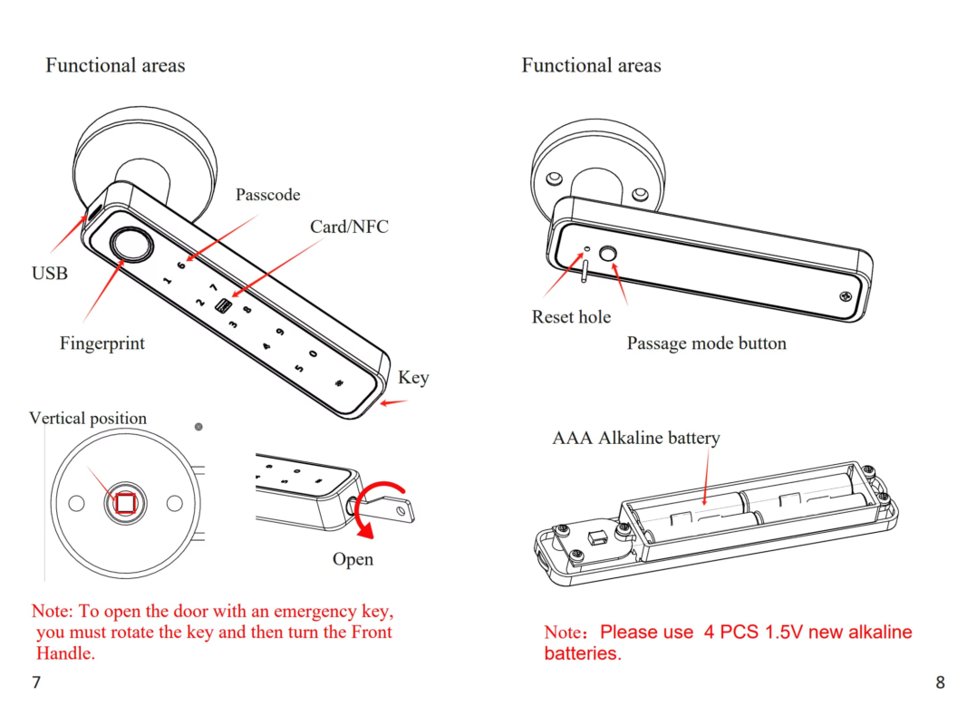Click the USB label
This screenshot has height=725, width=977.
pos(50,273)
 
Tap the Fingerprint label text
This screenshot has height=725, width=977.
pos(102,343)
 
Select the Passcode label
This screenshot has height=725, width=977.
pos(267,195)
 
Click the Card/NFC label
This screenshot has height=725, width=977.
pos(349,227)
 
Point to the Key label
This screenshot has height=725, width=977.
pos(413,378)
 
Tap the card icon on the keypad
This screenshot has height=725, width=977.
pos(222,306)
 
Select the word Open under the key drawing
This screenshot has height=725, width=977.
pos(353,559)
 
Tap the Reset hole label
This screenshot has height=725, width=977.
pos(571,317)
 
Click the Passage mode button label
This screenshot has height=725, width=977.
pos(706,343)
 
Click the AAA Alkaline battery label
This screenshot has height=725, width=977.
pos(636,438)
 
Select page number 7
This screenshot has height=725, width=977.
pos(36,682)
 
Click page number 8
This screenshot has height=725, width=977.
pos(940,682)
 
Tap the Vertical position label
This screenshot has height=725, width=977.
pos(88,418)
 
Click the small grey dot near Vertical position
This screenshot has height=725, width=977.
pos(198,426)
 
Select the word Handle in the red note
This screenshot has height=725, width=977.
pos(65,652)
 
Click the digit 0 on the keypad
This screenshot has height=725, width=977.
pos(313,355)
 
